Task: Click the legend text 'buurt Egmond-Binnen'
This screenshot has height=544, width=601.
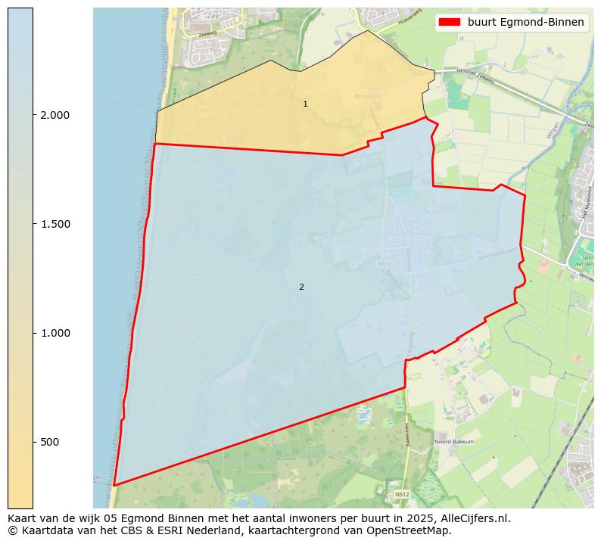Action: click(525, 22)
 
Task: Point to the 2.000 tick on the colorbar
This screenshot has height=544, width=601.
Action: click(54, 115)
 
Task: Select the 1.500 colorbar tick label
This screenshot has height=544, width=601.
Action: click(54, 224)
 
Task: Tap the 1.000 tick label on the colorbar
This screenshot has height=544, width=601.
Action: click(54, 333)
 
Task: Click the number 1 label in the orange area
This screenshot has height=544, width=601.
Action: click(305, 104)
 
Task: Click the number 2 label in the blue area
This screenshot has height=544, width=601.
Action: click(301, 287)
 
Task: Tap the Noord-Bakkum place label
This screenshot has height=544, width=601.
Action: click(453, 442)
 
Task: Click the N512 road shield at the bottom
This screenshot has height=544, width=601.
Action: click(402, 495)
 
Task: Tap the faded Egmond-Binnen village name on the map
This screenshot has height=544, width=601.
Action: click(407, 235)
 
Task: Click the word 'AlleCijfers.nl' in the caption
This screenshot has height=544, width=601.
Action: click(475, 519)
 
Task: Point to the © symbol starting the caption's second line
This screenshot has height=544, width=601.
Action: click(13, 530)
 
